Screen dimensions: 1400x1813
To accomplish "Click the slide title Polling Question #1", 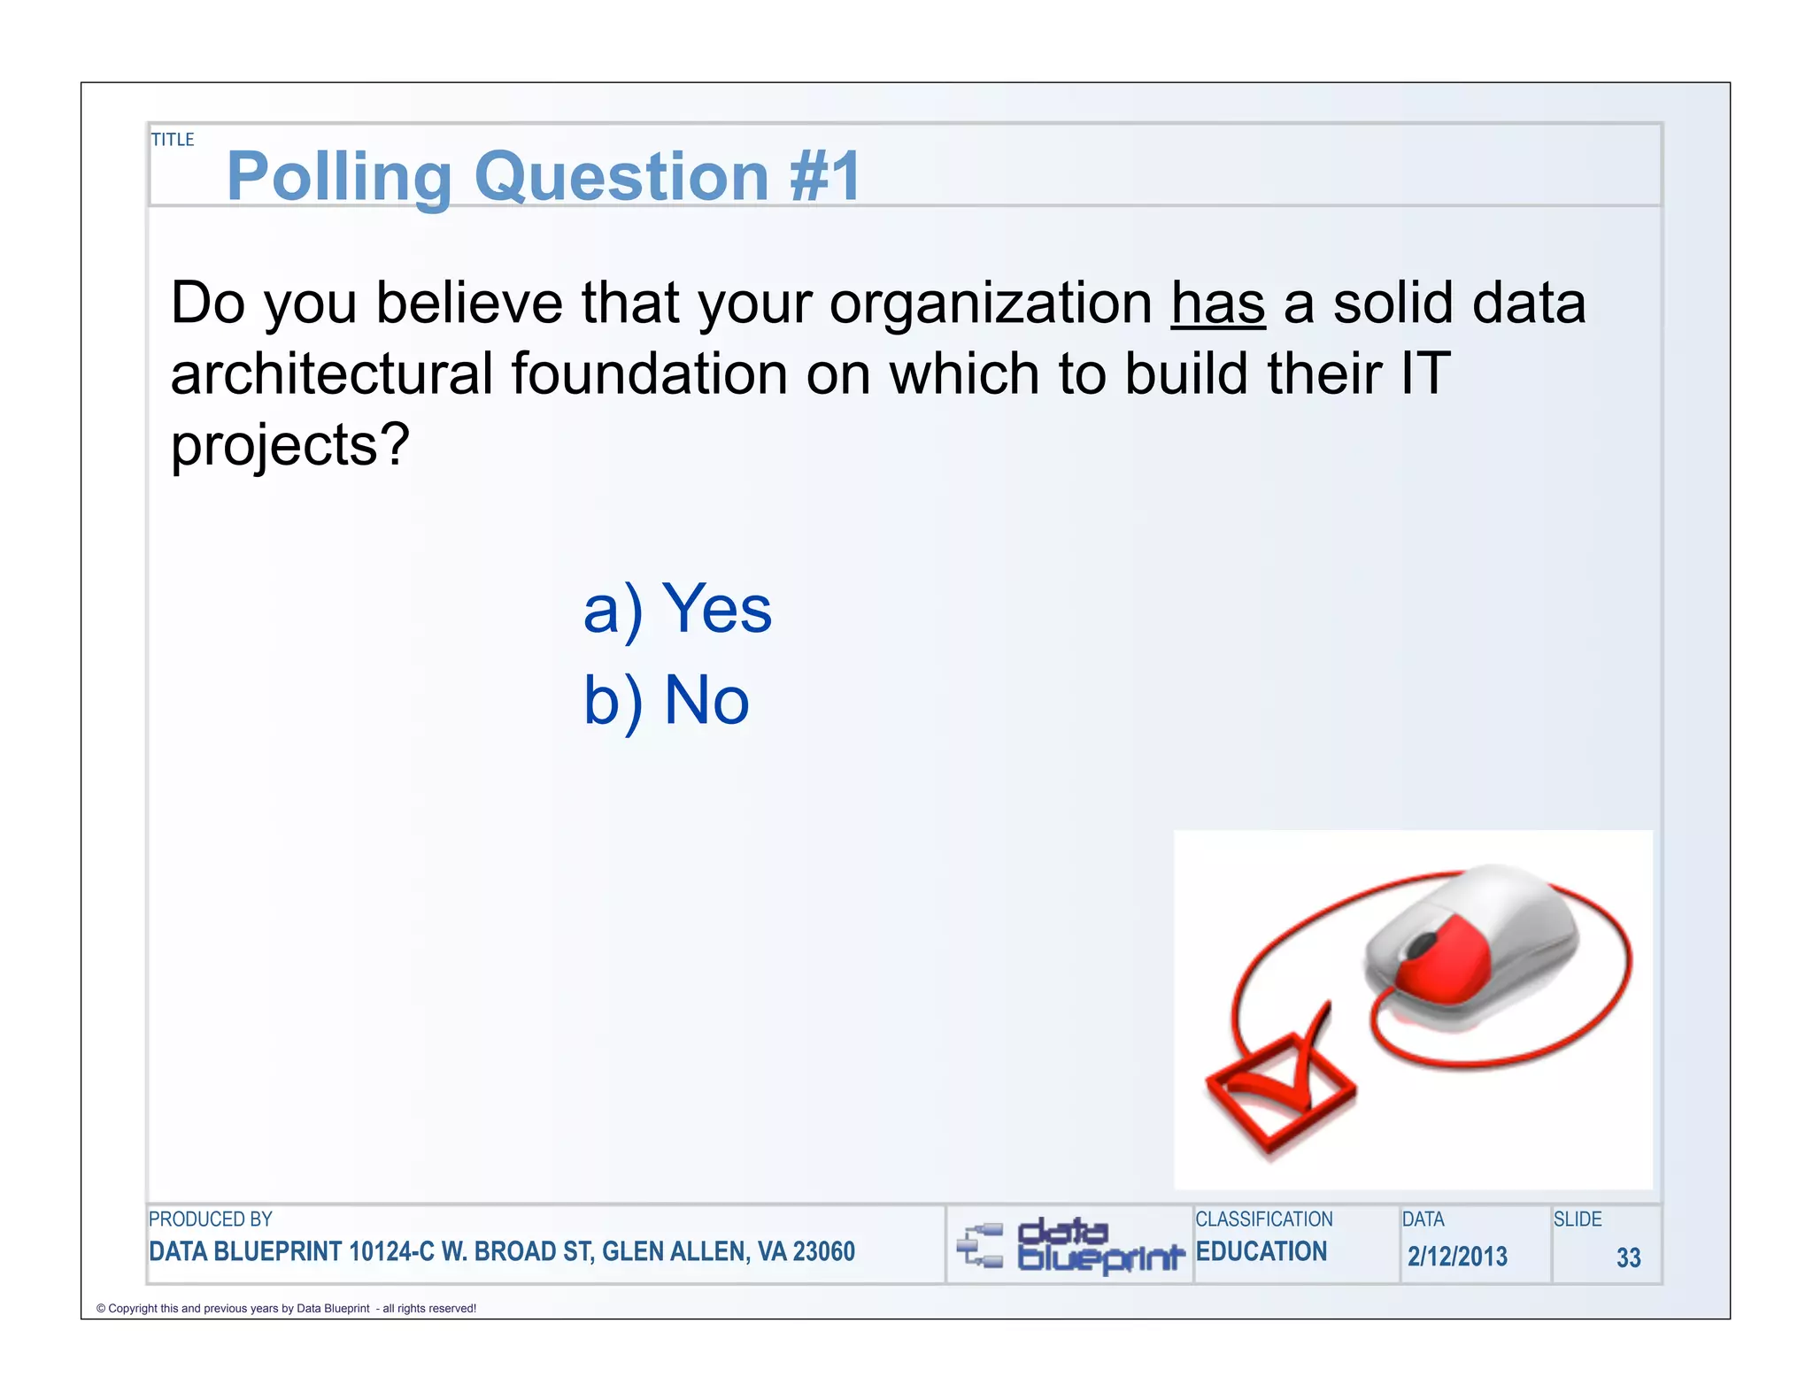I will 544,176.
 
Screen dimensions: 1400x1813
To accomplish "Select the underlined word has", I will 1217,304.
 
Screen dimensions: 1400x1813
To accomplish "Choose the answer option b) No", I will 666,701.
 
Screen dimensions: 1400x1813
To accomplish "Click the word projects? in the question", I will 290,445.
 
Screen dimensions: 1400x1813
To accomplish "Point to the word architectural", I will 331,373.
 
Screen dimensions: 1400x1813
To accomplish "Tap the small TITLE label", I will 173,140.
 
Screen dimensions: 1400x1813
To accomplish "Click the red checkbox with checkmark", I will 1280,1088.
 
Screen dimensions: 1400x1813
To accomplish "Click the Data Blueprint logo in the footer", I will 1071,1246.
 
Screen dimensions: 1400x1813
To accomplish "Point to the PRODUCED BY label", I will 211,1219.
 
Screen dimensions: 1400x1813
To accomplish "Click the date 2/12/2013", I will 1457,1257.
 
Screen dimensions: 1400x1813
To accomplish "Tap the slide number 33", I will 1628,1258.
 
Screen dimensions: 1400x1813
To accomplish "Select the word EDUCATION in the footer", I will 1261,1251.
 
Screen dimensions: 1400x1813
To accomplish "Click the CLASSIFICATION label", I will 1263,1219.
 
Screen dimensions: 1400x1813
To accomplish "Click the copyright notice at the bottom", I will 286,1308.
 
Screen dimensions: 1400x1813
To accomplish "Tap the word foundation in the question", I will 649,373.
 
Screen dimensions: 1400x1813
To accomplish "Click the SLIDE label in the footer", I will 1578,1219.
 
